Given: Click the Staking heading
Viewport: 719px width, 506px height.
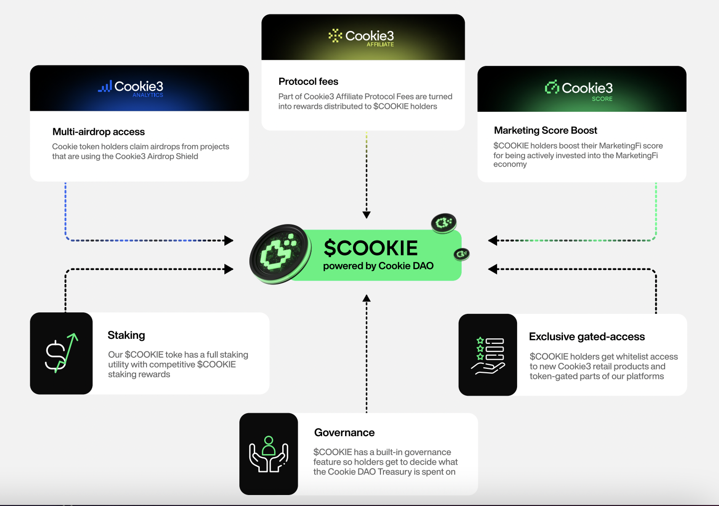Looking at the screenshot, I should pos(126,335).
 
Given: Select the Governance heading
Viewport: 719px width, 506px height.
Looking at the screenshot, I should pos(344,433).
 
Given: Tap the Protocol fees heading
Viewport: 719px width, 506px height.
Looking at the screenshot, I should pos(308,81).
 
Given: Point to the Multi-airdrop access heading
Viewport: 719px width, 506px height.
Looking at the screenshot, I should pos(98,132).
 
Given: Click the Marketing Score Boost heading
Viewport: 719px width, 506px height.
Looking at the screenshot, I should pos(545,130).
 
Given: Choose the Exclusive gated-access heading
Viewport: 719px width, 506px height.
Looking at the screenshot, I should pos(586,337).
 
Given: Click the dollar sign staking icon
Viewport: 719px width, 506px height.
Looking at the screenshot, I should pos(61,353).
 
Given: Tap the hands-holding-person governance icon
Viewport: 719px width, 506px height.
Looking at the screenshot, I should pos(269,454).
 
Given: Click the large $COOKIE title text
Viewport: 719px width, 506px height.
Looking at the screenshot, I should pos(370,248).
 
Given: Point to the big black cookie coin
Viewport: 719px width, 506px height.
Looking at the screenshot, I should pos(280,253).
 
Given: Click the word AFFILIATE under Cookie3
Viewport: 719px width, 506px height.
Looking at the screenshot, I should pos(380,44).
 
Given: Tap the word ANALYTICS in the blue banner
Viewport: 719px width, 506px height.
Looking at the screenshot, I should pos(148,95).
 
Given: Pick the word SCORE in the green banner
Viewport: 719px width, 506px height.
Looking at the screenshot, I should pos(602,99).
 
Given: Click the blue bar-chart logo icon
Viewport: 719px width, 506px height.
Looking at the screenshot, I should pos(105,87).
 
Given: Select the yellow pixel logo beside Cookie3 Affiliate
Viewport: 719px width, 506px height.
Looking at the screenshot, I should pos(335,35).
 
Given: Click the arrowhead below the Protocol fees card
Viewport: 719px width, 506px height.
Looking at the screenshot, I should pos(366,215).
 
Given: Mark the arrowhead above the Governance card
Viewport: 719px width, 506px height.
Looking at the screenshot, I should pos(366,298).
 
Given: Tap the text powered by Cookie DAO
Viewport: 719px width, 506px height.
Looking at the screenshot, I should pos(378,266).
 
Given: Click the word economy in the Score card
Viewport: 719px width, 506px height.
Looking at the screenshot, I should pos(510,164).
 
